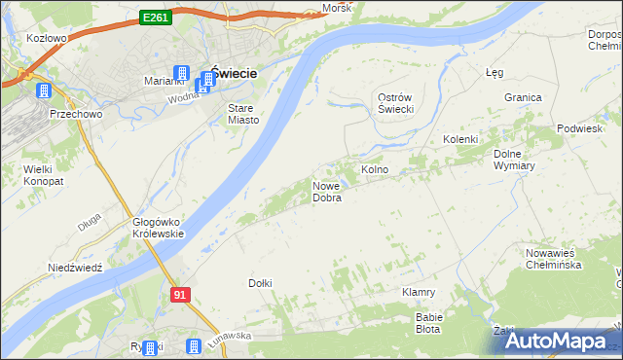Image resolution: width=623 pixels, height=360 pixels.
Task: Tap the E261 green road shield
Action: pyautogui.click(x=155, y=17)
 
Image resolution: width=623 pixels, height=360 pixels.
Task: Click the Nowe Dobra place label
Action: pyautogui.click(x=326, y=192)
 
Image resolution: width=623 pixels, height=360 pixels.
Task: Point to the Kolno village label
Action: pyautogui.click(x=375, y=169)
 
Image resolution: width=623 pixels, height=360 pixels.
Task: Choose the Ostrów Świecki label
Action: pyautogui.click(x=396, y=103)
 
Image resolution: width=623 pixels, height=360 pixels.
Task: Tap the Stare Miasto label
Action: pyautogui.click(x=243, y=113)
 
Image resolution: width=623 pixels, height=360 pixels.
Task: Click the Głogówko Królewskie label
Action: pyautogui.click(x=158, y=228)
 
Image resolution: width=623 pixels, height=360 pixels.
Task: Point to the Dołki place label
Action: pyautogui.click(x=260, y=283)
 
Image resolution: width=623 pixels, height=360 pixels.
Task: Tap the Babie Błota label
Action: pyautogui.click(x=429, y=323)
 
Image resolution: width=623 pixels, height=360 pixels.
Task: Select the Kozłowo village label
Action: pyautogui.click(x=47, y=38)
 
